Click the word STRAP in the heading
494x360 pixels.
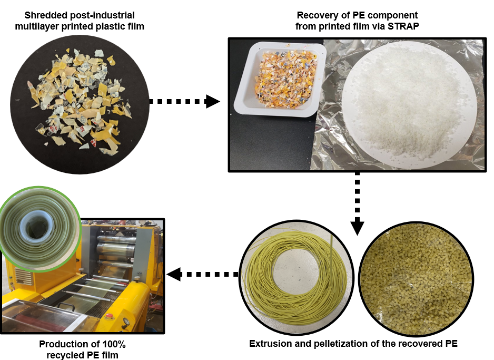click(403, 26)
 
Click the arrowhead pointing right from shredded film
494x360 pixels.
click(212, 101)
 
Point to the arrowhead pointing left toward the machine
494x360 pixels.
click(174, 274)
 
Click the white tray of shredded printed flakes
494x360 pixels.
click(280, 80)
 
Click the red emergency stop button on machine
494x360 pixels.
click(109, 316)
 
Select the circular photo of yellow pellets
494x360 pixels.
click(416, 279)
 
